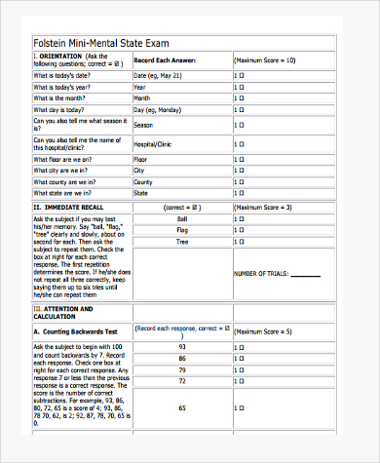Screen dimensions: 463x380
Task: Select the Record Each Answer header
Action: (165, 61)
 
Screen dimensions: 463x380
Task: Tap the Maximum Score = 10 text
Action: (264, 61)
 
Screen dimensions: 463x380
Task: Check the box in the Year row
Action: (240, 87)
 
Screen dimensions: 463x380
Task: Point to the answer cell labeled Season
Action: (143, 126)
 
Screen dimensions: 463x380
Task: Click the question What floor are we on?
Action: (63, 158)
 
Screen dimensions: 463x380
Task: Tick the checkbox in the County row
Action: (240, 181)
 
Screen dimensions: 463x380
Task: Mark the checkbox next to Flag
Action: (240, 231)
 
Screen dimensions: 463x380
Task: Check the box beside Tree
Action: (240, 244)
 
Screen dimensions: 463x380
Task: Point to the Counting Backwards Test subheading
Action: (80, 332)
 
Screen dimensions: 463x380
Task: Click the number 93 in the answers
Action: (181, 346)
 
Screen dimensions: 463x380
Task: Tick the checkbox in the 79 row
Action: (240, 369)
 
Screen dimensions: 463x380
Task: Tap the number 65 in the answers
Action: (181, 408)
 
